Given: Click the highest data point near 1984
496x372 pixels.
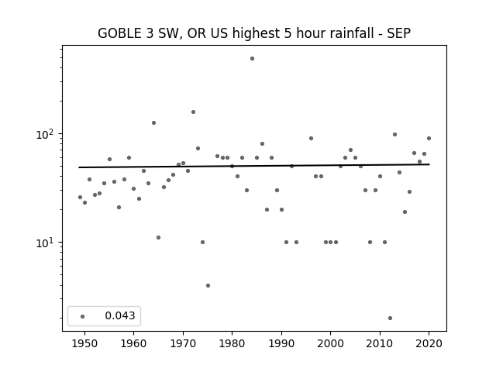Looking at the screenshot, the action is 252,59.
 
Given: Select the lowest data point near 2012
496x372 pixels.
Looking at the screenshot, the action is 390,319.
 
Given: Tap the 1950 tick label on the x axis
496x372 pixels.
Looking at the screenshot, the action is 84,343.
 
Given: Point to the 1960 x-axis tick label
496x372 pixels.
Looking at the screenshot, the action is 133,343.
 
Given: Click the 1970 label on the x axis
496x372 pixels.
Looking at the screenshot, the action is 183,343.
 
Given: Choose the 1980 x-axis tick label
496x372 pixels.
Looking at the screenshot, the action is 232,343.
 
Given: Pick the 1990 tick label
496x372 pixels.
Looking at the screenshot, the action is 281,343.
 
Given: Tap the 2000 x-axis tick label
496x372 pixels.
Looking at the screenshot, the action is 331,343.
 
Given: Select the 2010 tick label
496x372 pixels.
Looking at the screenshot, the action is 380,343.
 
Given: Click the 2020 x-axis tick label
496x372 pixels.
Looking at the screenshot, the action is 429,343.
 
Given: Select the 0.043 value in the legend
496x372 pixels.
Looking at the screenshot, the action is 120,315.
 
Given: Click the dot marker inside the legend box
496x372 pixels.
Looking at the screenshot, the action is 83,316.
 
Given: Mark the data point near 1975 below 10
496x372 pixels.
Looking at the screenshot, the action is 208,286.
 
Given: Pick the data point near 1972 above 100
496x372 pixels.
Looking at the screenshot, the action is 193,112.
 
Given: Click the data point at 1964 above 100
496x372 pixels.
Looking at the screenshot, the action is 153,122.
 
